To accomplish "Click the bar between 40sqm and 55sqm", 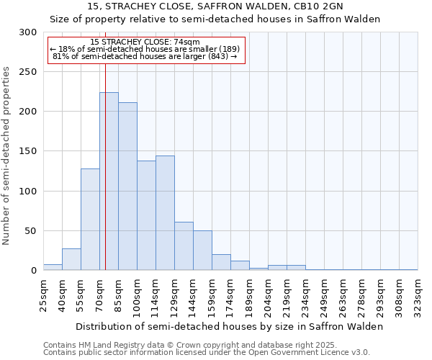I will click(x=71, y=259).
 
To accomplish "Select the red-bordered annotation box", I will click(x=147, y=50).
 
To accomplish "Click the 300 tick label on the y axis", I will click(x=28, y=32).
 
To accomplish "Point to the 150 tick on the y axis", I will click(x=28, y=152).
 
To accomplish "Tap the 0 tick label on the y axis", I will click(x=33, y=271).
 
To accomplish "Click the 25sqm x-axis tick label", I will click(x=44, y=292).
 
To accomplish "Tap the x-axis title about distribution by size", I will click(x=230, y=326).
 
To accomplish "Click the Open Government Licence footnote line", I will click(x=206, y=353).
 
